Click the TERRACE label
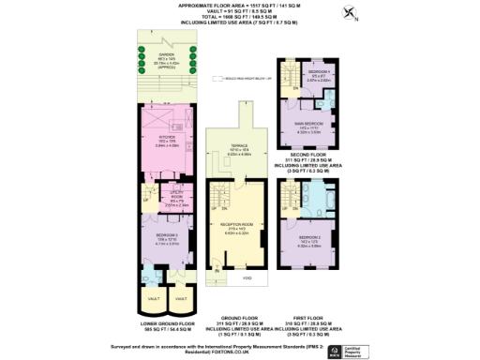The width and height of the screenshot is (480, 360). [x=240, y=147]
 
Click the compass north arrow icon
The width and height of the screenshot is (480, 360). [x=351, y=12]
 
